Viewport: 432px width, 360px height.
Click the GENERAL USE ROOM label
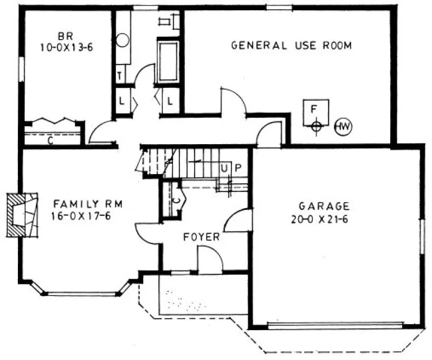coord(291,46)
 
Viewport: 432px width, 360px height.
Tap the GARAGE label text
coord(324,206)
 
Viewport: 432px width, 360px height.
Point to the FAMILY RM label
coord(88,204)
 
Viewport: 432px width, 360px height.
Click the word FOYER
coord(201,237)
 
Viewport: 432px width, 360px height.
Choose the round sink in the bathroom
coord(122,40)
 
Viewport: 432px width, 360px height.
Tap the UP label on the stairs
coord(230,167)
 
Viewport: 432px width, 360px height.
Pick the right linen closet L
coord(170,101)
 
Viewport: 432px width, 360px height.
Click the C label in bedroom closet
coord(50,142)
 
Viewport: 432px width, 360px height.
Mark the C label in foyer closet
coord(177,198)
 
